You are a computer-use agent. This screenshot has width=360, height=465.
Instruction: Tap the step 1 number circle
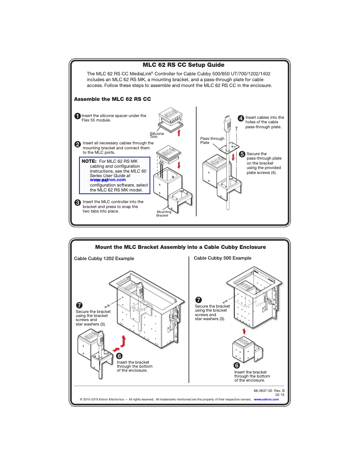coord(78,117)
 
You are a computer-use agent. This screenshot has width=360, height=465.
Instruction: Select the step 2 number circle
coord(78,144)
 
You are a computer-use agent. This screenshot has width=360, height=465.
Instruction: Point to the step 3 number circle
coord(78,203)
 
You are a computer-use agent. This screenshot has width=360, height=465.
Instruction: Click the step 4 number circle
coord(241,118)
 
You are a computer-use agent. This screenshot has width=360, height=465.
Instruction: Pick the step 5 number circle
coord(242,155)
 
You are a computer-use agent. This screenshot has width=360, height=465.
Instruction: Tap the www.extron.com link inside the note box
coord(107,180)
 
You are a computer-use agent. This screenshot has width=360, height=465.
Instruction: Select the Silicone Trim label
coord(157,135)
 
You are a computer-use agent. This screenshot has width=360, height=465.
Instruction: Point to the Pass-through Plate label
coord(212,140)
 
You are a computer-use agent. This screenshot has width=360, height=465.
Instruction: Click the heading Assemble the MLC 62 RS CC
coord(112,99)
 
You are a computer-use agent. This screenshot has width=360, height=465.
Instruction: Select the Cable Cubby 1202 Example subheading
coord(104,258)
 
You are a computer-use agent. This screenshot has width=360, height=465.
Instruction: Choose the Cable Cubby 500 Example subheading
coord(222,258)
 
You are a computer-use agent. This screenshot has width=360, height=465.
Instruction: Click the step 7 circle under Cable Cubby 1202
coord(79,305)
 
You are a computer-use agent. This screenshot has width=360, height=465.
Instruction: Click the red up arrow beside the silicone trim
coord(179,132)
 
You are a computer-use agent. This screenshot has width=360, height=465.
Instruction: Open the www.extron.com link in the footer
coord(266,399)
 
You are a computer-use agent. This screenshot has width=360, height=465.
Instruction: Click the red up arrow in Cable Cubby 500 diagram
coord(244,331)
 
